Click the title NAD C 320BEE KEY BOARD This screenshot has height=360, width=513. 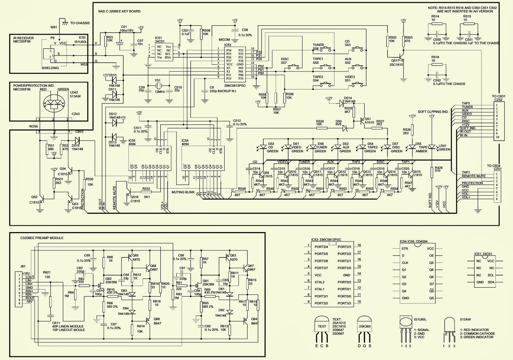[119, 11]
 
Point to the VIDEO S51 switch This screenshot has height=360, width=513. [356, 84]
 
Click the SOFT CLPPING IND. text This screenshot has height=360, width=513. [433, 112]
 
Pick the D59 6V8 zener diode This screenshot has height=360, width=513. [345, 128]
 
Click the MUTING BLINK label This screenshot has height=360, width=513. [183, 192]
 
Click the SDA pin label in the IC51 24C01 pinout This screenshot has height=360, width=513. [491, 282]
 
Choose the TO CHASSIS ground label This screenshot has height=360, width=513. [80, 23]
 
